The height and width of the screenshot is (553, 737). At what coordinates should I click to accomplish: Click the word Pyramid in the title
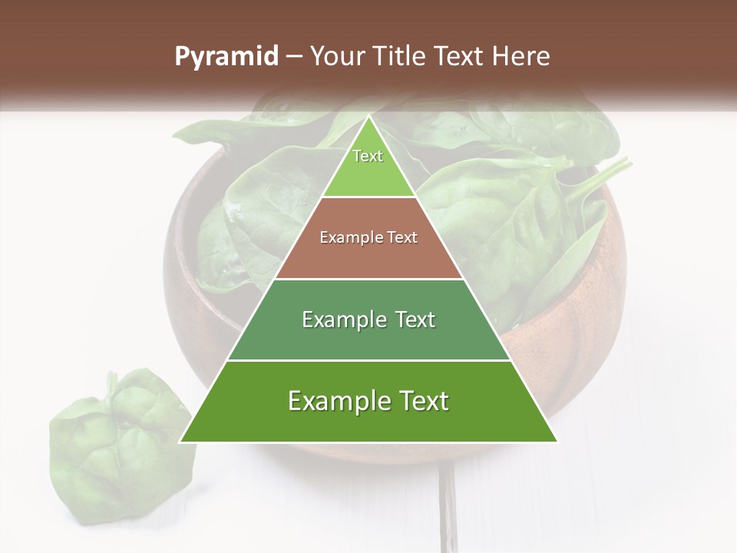click(226, 57)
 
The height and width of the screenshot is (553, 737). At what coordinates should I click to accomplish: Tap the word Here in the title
click(523, 57)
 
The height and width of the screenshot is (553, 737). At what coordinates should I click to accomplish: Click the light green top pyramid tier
click(368, 169)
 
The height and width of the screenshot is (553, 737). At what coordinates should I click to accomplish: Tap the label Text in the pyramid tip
click(368, 156)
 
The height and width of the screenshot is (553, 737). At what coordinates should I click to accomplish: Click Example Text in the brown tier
click(368, 237)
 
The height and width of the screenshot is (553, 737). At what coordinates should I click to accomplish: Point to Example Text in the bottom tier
click(368, 401)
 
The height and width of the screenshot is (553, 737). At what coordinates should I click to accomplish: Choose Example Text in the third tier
click(368, 320)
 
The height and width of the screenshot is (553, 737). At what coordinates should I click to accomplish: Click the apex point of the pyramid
click(368, 118)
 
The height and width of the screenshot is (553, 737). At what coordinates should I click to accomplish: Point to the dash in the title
click(294, 57)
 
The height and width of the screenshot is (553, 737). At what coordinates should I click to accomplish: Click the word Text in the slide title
click(462, 57)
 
